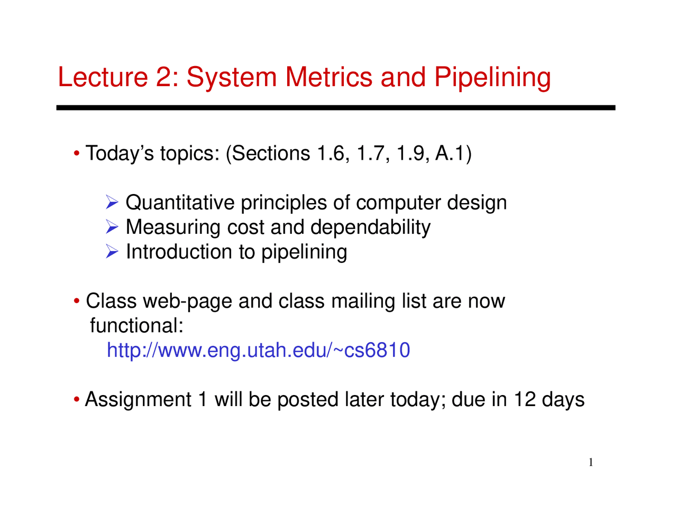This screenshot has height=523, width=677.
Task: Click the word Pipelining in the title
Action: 492,78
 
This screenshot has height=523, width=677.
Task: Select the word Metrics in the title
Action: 328,77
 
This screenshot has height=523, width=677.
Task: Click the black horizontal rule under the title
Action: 336,108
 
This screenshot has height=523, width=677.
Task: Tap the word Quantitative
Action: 180,203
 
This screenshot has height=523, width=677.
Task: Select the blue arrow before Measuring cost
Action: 112,227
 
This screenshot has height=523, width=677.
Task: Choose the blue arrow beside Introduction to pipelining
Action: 112,251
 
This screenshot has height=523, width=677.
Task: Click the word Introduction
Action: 179,251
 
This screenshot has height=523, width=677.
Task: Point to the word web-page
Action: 188,302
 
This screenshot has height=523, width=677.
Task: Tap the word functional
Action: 136,326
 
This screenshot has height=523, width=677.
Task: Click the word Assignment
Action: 138,400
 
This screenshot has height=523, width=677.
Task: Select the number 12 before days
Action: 525,399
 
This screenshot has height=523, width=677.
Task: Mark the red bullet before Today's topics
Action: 77,153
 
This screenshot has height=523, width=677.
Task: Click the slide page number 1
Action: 591,463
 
